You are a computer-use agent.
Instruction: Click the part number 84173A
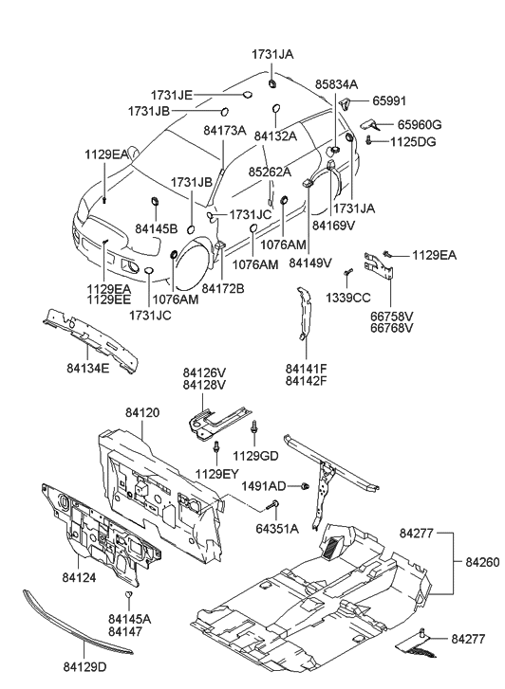pos(224,131)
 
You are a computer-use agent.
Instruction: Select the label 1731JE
pos(172,95)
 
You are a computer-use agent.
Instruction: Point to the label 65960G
pos(419,124)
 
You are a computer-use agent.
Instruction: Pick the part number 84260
pos(483,562)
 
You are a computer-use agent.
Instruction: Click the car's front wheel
pos(195,267)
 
